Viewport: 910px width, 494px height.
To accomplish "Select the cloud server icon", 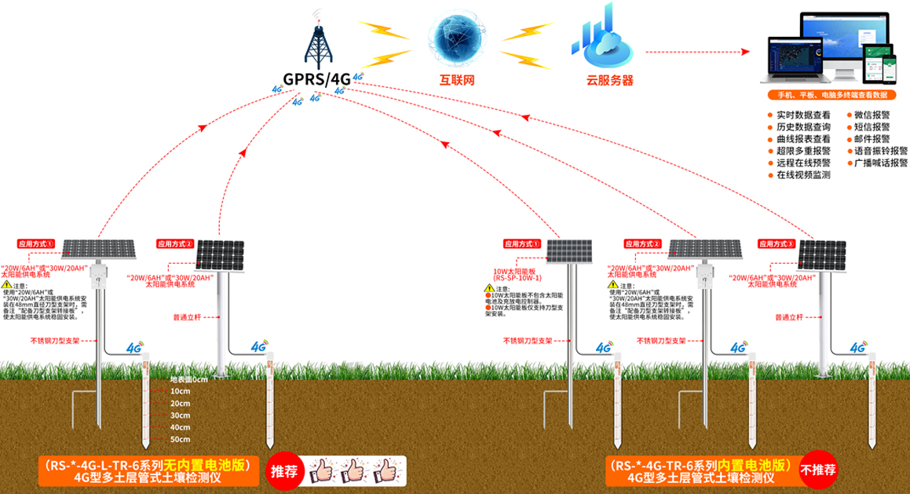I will click(603, 38).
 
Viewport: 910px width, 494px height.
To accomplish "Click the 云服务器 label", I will click(609, 80).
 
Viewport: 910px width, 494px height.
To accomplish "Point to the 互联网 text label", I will click(458, 80).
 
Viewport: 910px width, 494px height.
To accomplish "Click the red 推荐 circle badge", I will click(283, 471).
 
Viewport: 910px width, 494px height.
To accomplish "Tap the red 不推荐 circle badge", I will click(817, 471).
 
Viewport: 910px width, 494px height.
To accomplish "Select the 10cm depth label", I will click(181, 391).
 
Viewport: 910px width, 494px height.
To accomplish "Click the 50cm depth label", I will click(181, 438).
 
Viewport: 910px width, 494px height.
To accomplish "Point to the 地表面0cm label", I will click(189, 379).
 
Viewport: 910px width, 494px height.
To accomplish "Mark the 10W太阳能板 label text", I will click(513, 271).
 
